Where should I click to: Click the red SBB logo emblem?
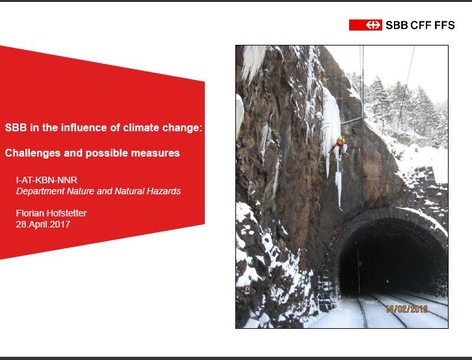tap(365, 25)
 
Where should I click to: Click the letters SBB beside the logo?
tap(397, 25)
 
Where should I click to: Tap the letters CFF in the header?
tap(421, 25)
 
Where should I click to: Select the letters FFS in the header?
tap(444, 25)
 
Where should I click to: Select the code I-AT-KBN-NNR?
tap(47, 180)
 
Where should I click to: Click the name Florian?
tap(30, 213)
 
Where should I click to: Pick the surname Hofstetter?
tap(66, 213)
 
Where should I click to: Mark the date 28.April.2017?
tap(43, 224)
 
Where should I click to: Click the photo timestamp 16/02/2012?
tap(407, 309)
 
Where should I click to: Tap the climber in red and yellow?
tap(340, 146)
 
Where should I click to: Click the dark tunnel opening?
tap(391, 259)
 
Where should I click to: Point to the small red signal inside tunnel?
tap(360, 263)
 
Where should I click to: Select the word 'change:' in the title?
tap(182, 127)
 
